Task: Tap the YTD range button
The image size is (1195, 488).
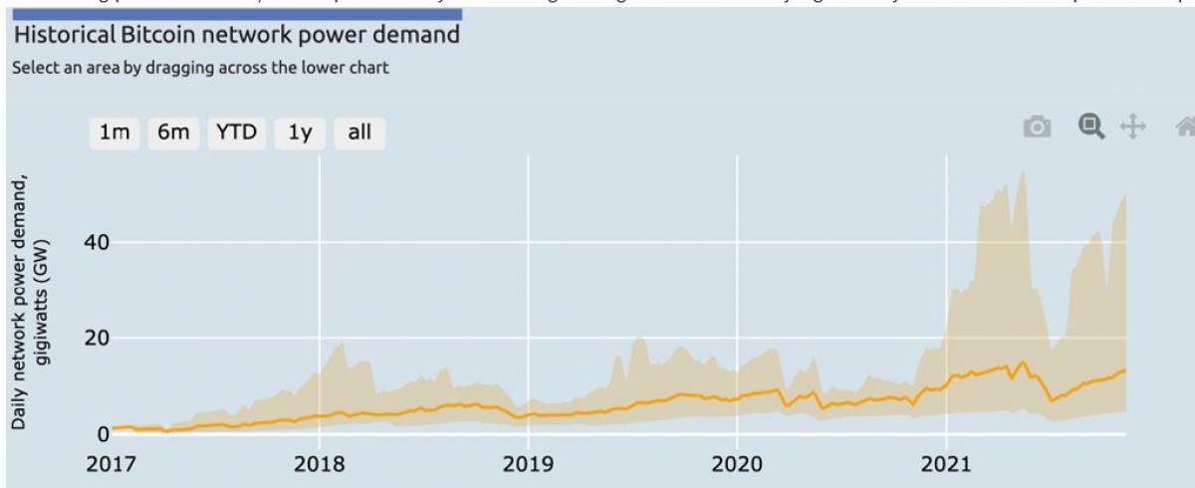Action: pos(236,132)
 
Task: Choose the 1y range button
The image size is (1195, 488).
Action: pos(301,132)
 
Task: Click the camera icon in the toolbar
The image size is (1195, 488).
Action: pos(1038,126)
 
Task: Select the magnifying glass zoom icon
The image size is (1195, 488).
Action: pos(1092,125)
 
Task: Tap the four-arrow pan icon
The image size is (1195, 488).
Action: pos(1133,126)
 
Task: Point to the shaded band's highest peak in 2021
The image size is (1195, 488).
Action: pos(1025,172)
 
